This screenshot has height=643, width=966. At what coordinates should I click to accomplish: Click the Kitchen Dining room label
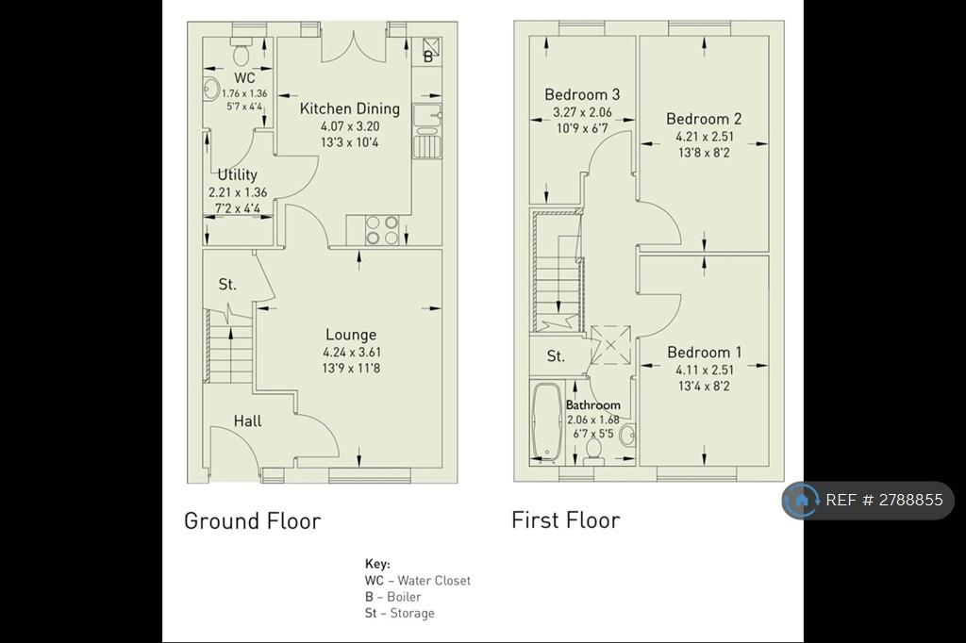tap(349, 109)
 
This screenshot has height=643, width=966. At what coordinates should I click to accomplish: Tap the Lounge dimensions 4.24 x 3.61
tap(352, 353)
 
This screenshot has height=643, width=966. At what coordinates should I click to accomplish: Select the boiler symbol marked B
tap(432, 50)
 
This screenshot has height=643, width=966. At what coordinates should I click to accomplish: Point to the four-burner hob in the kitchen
tap(382, 230)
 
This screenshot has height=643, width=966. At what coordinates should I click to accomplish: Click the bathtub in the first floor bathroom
tap(546, 423)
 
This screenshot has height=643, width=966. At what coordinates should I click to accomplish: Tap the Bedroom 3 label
tap(582, 94)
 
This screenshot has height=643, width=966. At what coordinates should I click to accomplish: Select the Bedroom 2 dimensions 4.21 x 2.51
tap(705, 137)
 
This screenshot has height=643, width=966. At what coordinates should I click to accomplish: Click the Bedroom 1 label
tap(704, 353)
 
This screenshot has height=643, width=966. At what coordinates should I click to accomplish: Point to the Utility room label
tap(237, 174)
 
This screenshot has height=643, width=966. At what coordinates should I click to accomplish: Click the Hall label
tap(247, 421)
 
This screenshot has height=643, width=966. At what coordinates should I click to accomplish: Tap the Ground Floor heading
tap(253, 521)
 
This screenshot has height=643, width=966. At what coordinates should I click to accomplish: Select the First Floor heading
tap(566, 519)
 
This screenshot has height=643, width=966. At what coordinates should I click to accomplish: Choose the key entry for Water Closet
tap(418, 580)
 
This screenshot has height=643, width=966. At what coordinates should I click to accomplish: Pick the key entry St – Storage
tap(400, 613)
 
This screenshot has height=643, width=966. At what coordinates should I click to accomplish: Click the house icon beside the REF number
tap(802, 500)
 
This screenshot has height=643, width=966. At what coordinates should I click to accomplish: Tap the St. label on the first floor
tap(556, 356)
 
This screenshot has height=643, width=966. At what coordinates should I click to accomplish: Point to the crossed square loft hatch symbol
tap(610, 345)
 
